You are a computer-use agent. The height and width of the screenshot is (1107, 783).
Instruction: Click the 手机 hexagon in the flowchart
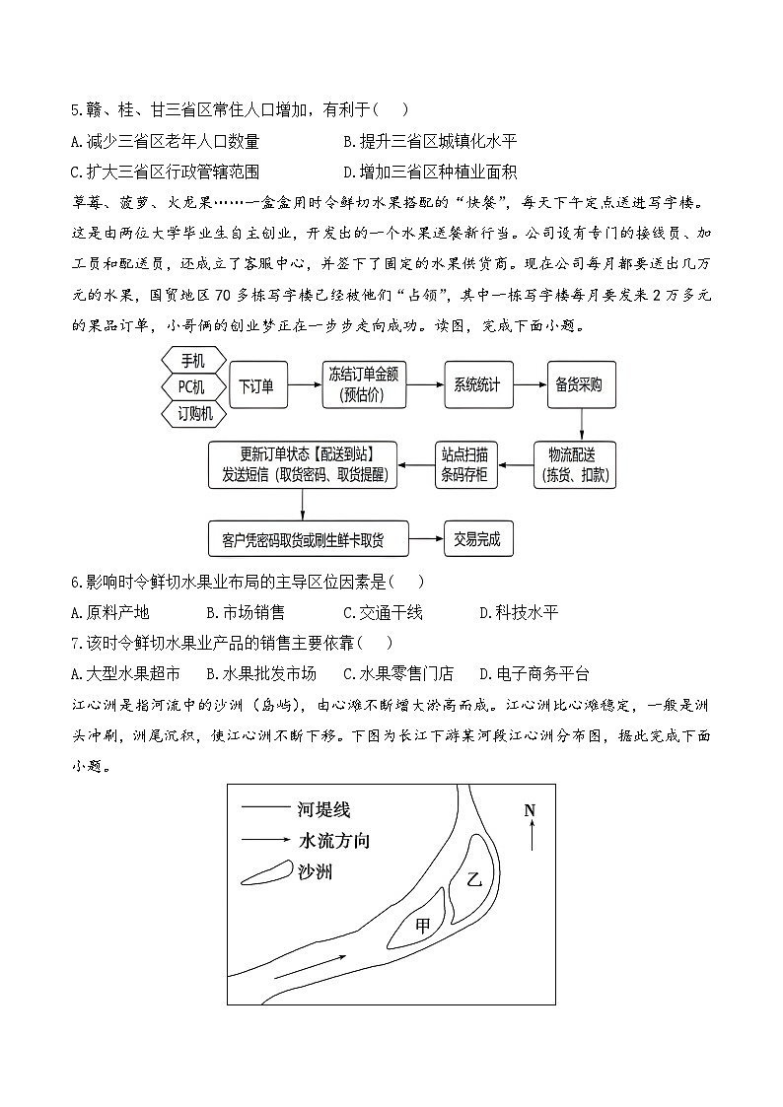(x=192, y=361)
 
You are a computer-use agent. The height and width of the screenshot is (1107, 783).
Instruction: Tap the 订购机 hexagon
(x=194, y=413)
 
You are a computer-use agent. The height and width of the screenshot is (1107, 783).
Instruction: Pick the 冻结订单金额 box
(x=365, y=385)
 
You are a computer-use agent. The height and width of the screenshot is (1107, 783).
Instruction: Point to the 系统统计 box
(x=476, y=385)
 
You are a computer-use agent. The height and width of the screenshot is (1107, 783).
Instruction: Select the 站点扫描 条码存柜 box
(x=468, y=463)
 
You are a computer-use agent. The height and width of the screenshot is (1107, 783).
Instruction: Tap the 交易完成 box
(x=476, y=539)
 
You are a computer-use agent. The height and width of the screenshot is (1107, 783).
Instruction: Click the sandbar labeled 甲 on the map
(x=423, y=926)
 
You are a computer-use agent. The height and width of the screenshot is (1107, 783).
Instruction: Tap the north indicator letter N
(x=530, y=810)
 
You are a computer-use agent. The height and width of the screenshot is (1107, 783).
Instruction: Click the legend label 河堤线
(x=322, y=810)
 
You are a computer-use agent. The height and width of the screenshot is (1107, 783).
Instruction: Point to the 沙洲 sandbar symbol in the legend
(x=265, y=872)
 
